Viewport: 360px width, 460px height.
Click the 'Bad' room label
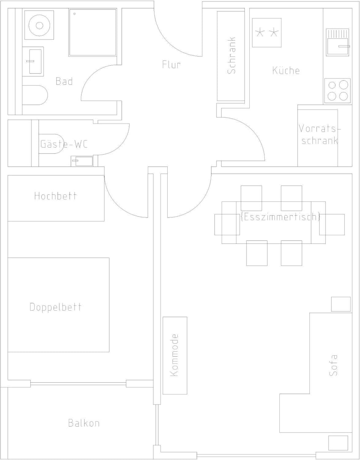(x=64, y=81)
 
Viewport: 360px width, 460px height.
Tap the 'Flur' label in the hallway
(x=171, y=65)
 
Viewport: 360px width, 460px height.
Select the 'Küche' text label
(x=286, y=71)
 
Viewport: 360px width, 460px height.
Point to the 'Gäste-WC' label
(x=64, y=144)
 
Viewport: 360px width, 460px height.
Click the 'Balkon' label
(x=84, y=423)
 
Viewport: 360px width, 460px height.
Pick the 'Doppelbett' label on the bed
(x=55, y=307)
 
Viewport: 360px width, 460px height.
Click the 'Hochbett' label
(x=55, y=196)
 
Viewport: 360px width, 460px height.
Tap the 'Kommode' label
(x=174, y=355)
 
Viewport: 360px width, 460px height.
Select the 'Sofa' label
(x=333, y=365)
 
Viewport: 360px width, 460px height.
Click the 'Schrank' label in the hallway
(x=231, y=55)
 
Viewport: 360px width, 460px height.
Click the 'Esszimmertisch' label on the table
(x=280, y=217)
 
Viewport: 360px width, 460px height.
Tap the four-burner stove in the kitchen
(x=337, y=90)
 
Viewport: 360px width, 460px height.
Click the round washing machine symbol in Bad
(x=39, y=25)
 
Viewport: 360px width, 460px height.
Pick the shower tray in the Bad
(x=93, y=33)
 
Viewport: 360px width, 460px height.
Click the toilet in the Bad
(x=34, y=95)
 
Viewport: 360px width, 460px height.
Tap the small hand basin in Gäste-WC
(x=82, y=161)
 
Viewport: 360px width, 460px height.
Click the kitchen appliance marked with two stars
(x=267, y=33)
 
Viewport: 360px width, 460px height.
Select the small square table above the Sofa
(x=340, y=304)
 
